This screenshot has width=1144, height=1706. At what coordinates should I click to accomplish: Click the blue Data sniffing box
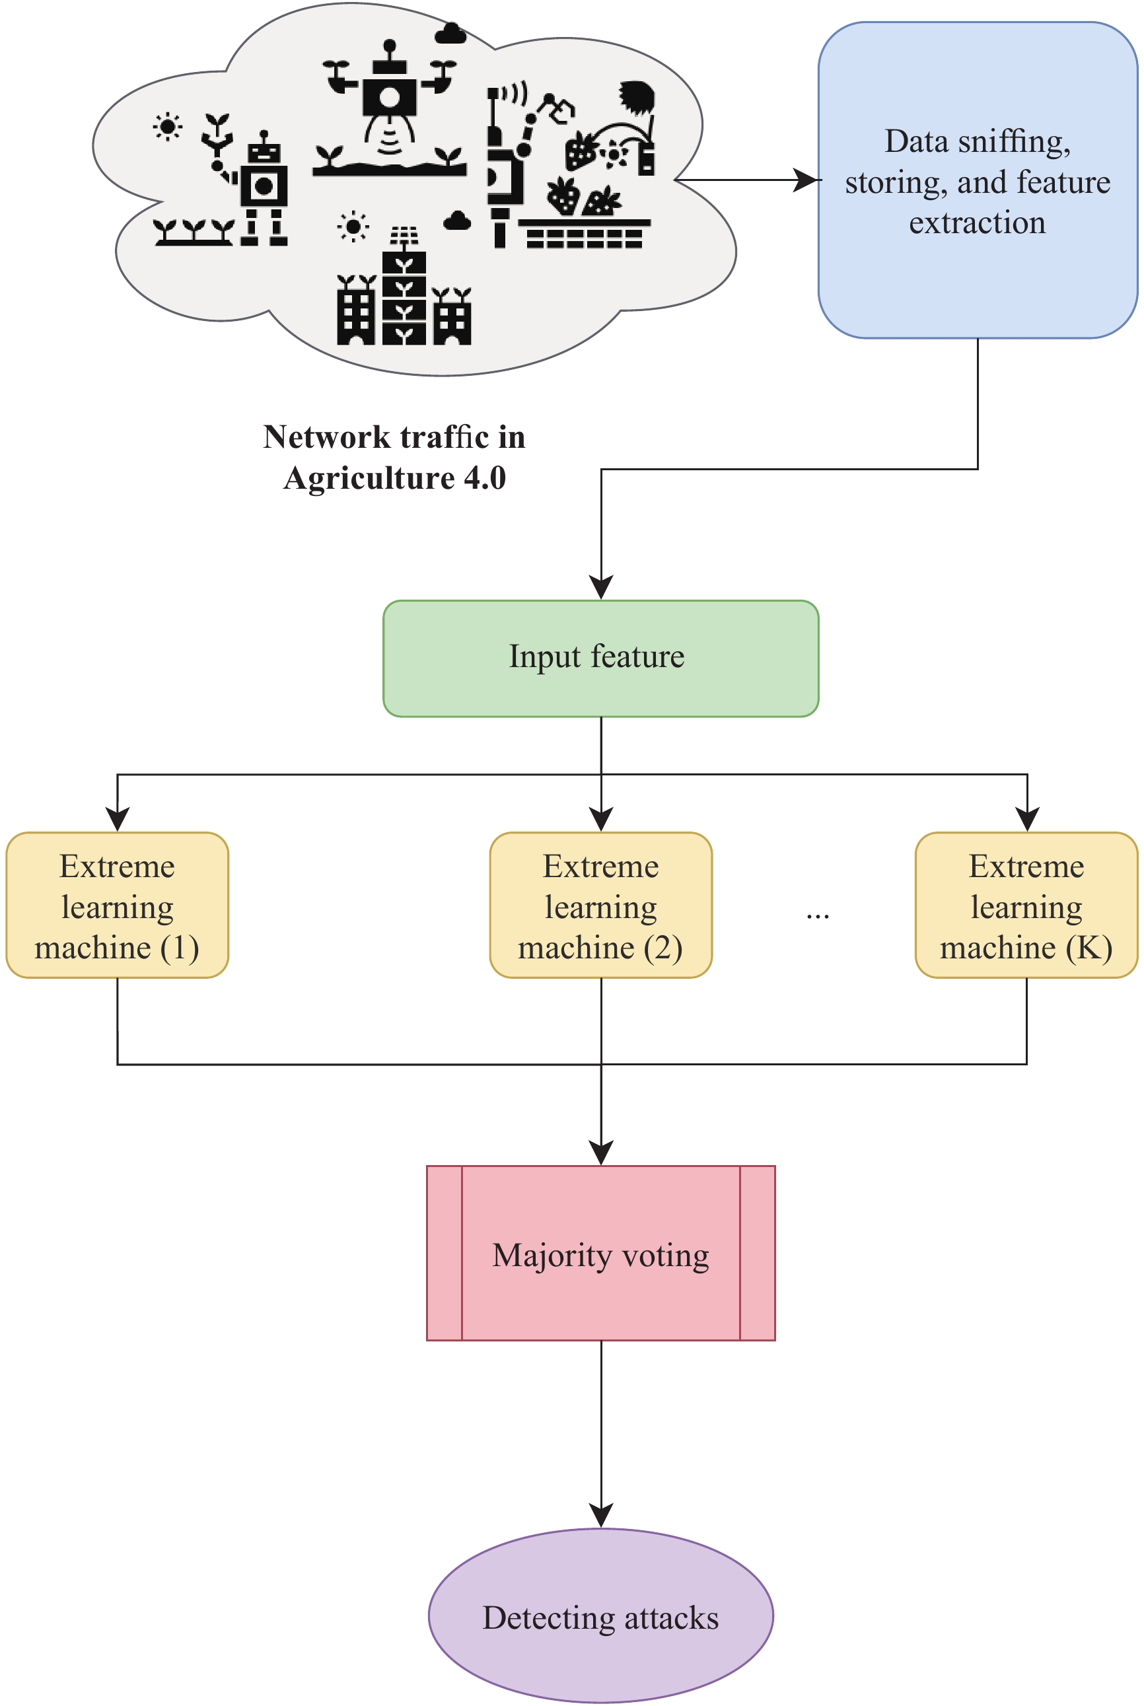point(977,180)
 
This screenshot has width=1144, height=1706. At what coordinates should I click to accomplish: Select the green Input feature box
point(600,658)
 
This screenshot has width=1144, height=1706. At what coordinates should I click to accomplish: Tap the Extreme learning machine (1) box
point(117,904)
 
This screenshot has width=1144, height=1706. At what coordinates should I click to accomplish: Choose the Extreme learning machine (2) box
point(600,904)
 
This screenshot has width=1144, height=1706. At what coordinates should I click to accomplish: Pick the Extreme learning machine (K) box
point(1026,904)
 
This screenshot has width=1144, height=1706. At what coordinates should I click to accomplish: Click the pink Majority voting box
point(600,1252)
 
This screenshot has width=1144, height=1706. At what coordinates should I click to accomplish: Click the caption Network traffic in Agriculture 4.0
point(394,457)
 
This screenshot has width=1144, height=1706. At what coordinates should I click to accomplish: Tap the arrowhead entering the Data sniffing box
point(807,180)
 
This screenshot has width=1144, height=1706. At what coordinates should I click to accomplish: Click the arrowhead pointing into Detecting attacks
point(600,1514)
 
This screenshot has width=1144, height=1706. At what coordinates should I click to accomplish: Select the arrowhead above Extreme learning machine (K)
point(1026,819)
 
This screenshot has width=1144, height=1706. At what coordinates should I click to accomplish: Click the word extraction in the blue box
point(977,223)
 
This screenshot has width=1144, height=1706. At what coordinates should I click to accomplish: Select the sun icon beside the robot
point(167,127)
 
